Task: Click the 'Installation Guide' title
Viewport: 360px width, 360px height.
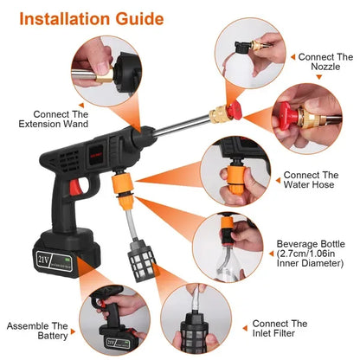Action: tap(84, 18)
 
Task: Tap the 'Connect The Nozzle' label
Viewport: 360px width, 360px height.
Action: tap(325, 62)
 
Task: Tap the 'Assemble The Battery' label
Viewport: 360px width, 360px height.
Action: tap(39, 332)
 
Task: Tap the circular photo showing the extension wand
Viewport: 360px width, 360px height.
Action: tap(106, 67)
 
